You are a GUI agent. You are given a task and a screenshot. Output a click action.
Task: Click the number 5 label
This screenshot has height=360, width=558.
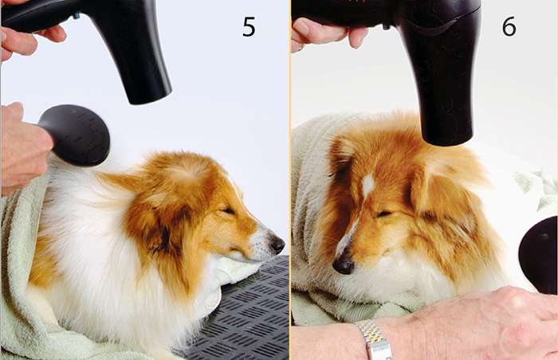(x=249, y=27)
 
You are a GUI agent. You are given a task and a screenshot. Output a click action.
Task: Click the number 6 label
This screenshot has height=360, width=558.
(x=509, y=26)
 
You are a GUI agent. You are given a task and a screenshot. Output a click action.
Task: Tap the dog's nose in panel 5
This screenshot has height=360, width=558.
(x=277, y=245)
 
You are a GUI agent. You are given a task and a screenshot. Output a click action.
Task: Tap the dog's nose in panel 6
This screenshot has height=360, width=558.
(x=343, y=264)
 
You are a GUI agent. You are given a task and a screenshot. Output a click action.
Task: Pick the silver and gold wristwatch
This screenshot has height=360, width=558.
(x=375, y=340)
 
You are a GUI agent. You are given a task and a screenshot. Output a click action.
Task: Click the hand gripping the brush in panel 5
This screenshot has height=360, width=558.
(x=23, y=150)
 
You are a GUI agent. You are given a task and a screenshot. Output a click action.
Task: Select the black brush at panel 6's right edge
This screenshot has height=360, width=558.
(x=538, y=255)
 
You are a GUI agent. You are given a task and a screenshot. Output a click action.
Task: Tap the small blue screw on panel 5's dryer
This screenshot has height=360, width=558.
(x=77, y=16)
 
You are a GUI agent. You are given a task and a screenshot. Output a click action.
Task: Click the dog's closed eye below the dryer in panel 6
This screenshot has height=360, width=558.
(x=383, y=213)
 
